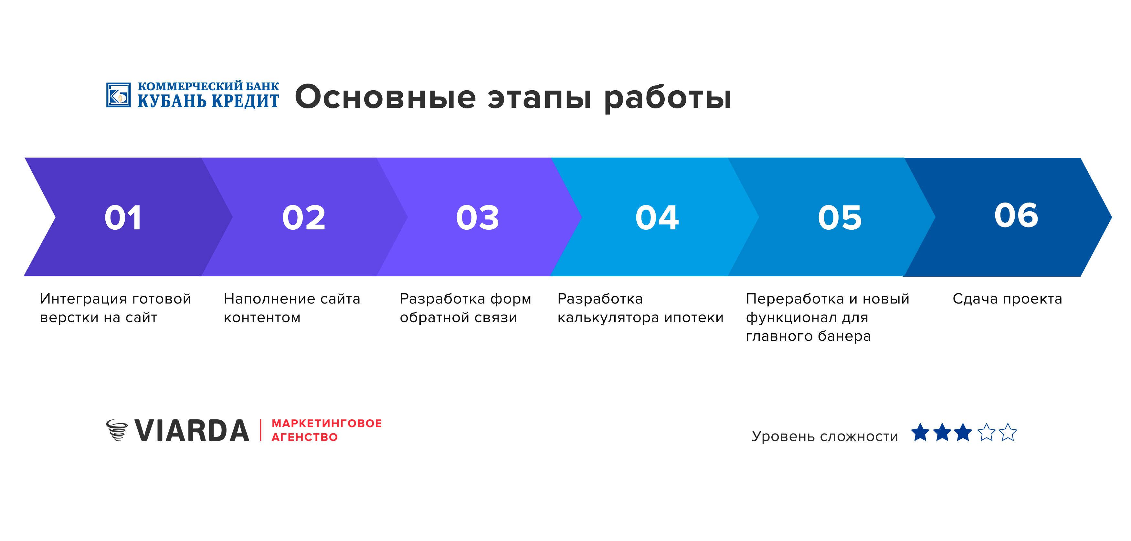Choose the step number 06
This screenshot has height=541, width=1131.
[x=1016, y=215]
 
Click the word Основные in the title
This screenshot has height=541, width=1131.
[x=386, y=97]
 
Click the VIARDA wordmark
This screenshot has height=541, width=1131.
[x=192, y=431]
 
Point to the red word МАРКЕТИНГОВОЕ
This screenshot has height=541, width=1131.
[x=327, y=423]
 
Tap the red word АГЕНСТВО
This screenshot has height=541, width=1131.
[x=305, y=437]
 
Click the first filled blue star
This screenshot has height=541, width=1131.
[x=920, y=433]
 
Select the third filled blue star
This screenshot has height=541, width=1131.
[x=963, y=433]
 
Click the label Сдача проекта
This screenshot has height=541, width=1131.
[x=1007, y=299]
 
